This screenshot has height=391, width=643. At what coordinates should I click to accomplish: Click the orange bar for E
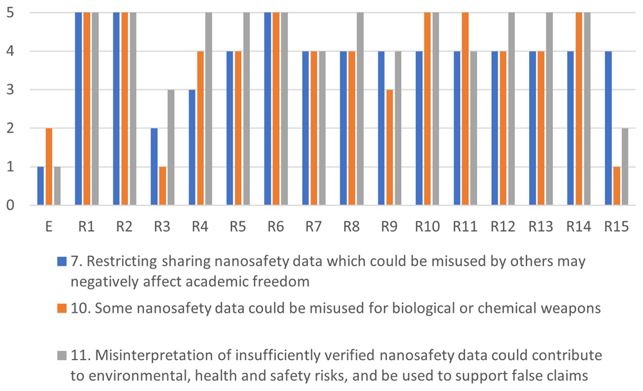click(x=49, y=167)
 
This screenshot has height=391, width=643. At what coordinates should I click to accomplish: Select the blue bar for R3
click(x=154, y=167)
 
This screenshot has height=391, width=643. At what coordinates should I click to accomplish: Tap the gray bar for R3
click(x=171, y=147)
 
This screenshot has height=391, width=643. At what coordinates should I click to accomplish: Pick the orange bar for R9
click(x=390, y=147)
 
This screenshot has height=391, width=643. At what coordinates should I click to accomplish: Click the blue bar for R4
click(x=192, y=147)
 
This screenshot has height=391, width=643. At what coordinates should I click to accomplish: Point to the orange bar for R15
click(x=617, y=186)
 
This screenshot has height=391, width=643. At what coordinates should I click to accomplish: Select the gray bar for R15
click(x=625, y=167)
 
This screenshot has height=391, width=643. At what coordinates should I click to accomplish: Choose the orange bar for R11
click(x=466, y=109)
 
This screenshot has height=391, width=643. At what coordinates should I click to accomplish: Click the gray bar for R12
click(x=511, y=109)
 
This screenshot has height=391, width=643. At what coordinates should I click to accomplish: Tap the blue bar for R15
click(x=608, y=128)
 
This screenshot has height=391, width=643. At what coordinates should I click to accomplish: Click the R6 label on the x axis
click(x=276, y=226)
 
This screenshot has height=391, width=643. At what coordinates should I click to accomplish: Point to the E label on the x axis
click(x=49, y=226)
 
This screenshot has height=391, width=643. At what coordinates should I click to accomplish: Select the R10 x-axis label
click(x=428, y=226)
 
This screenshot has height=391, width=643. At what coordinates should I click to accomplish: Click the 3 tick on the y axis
click(x=10, y=90)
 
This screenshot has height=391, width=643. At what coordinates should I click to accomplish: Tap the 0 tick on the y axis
click(x=10, y=205)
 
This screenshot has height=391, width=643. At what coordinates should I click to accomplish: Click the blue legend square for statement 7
click(x=62, y=261)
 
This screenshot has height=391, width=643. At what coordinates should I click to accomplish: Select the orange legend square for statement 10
click(x=62, y=308)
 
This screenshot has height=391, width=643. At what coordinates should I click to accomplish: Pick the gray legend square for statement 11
click(x=62, y=355)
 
